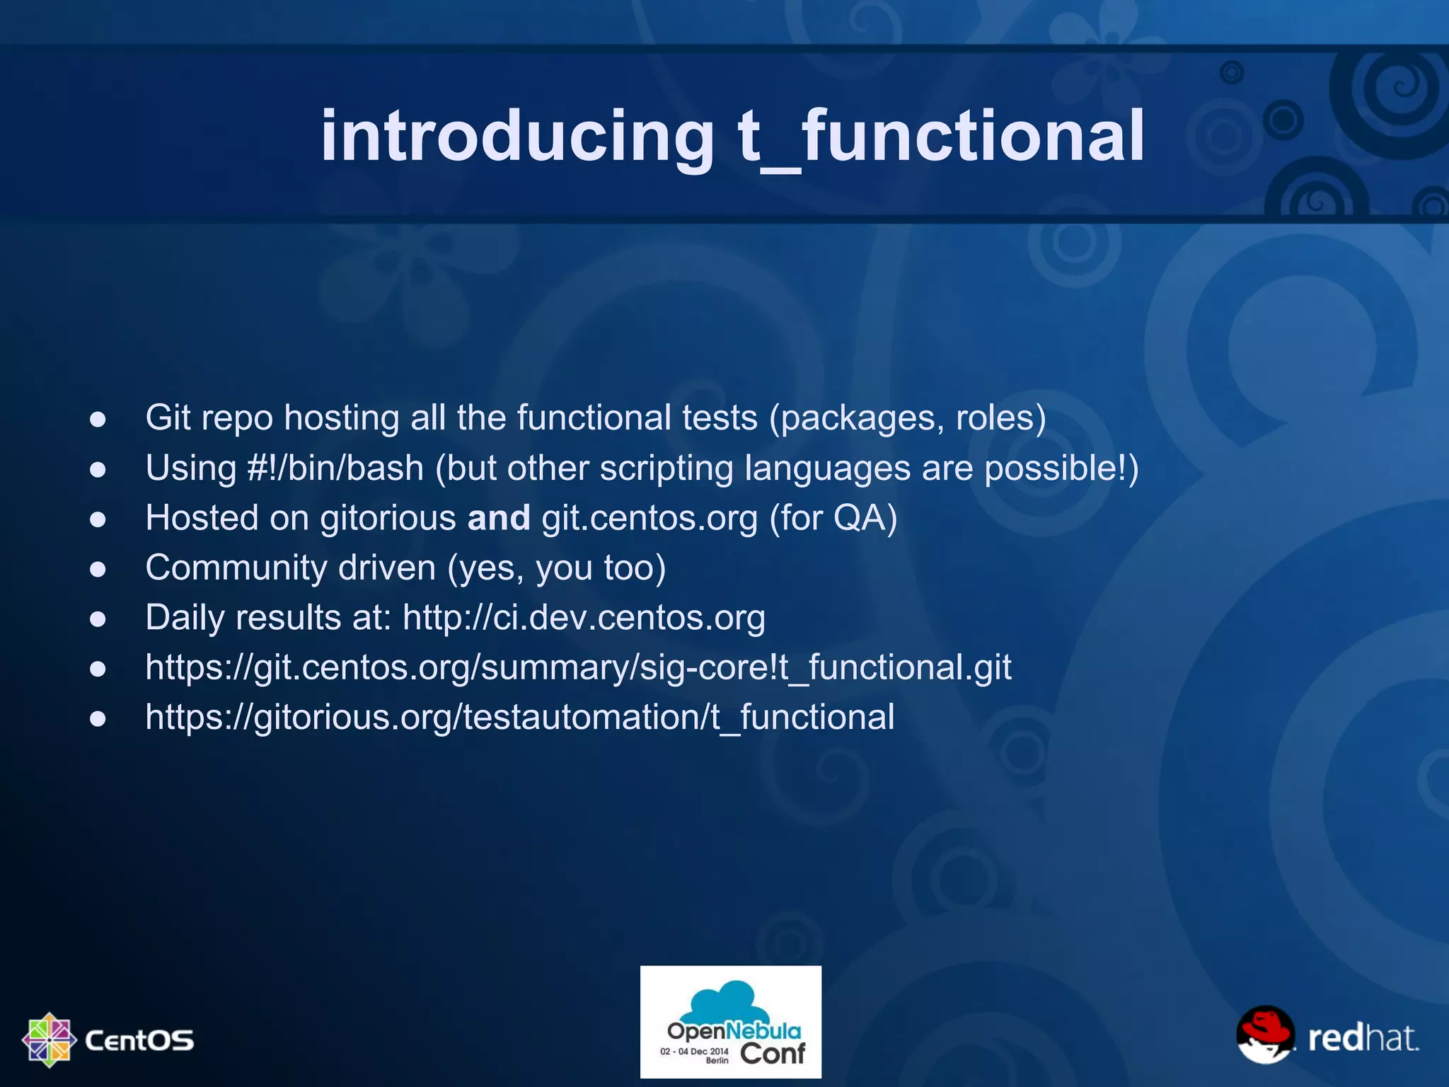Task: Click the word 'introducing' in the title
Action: pyautogui.click(x=517, y=136)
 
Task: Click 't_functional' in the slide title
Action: pyautogui.click(x=940, y=136)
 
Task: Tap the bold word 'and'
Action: pyautogui.click(x=498, y=518)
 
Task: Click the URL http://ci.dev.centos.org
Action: pyautogui.click(x=584, y=618)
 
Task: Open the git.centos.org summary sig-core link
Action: pyautogui.click(x=578, y=667)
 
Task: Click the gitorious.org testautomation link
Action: pyautogui.click(x=519, y=718)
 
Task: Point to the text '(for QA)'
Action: pyautogui.click(x=833, y=518)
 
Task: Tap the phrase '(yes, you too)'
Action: pyautogui.click(x=557, y=568)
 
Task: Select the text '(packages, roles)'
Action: pyautogui.click(x=907, y=418)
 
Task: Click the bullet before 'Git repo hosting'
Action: pyautogui.click(x=98, y=420)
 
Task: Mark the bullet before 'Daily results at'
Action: pyautogui.click(x=98, y=619)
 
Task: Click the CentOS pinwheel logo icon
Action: pyautogui.click(x=49, y=1040)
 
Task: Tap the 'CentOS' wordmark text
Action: pyautogui.click(x=139, y=1040)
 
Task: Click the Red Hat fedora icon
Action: pyautogui.click(x=1265, y=1034)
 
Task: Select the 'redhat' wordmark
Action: pyautogui.click(x=1363, y=1038)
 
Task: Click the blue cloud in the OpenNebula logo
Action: pyautogui.click(x=730, y=999)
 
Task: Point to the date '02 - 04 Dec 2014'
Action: pyautogui.click(x=693, y=1051)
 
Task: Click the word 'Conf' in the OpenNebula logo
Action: pyautogui.click(x=772, y=1054)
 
